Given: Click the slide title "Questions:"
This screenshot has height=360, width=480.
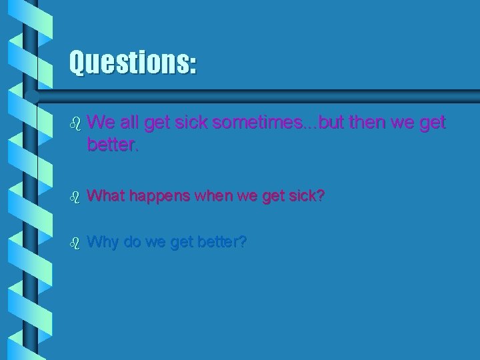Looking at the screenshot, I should (x=133, y=63).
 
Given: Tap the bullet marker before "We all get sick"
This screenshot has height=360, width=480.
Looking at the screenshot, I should (x=75, y=123).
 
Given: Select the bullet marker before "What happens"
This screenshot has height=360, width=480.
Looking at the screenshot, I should (x=75, y=197).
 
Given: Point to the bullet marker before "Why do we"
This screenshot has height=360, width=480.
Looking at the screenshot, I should (x=75, y=241).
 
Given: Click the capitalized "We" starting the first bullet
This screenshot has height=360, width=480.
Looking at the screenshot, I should (x=99, y=123).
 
